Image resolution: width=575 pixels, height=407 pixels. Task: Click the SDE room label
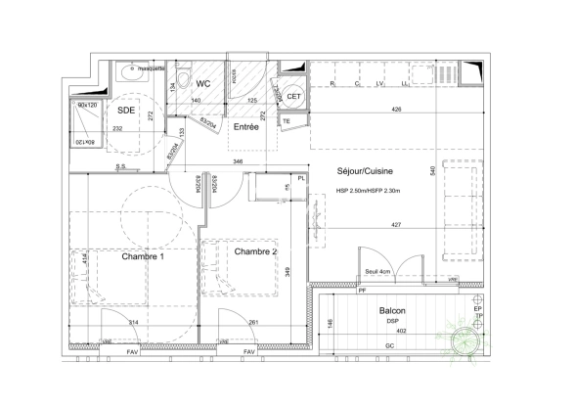tap(127, 110)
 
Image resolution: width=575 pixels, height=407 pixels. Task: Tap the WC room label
tap(204, 84)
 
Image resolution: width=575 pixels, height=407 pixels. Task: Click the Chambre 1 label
tap(143, 256)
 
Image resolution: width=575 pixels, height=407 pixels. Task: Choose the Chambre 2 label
tap(257, 250)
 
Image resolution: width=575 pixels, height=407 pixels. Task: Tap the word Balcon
tap(393, 310)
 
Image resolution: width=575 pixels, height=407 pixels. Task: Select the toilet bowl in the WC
tap(185, 81)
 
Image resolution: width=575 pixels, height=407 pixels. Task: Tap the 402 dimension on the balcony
tap(400, 332)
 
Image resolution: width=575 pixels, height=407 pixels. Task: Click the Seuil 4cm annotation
tap(379, 271)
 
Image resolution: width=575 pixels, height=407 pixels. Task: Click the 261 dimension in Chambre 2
tap(252, 323)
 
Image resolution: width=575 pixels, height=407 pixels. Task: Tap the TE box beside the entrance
tap(287, 121)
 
